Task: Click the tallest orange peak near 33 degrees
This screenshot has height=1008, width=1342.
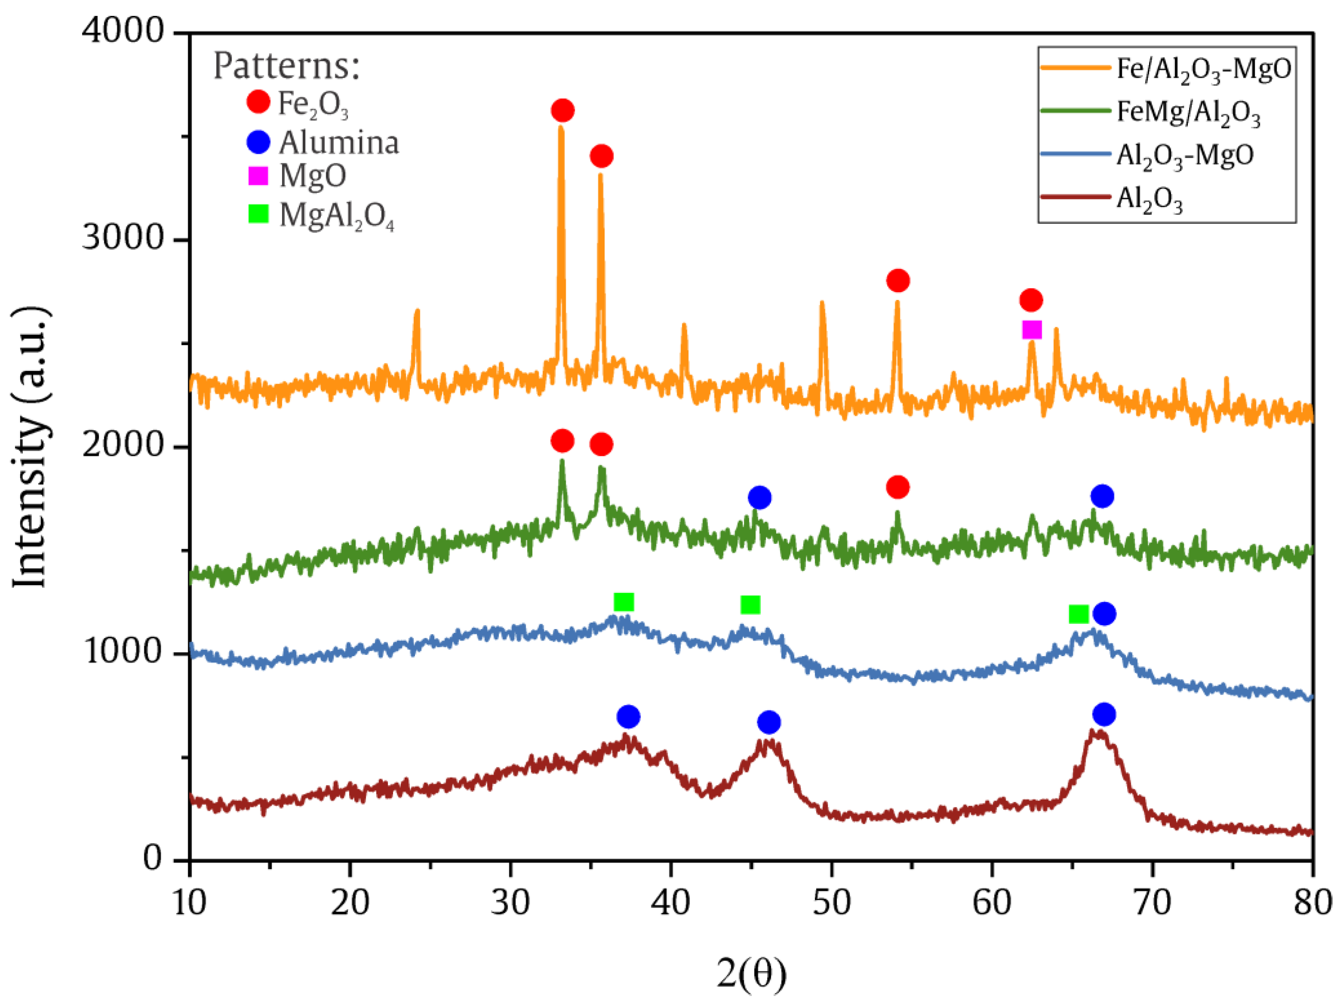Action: [561, 128]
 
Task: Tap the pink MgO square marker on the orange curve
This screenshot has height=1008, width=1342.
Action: [1032, 330]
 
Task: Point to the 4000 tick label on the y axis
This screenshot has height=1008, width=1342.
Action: [123, 31]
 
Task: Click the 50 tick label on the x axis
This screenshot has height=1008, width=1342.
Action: [831, 902]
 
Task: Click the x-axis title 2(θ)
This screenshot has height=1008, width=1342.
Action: [751, 972]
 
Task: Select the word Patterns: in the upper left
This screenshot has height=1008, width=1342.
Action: [287, 66]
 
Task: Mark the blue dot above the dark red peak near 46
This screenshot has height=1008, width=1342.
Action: [769, 722]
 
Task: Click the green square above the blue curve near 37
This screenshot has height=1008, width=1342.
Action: [624, 602]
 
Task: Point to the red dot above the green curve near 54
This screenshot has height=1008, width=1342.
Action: [897, 487]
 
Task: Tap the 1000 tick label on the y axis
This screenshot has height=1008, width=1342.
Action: [123, 652]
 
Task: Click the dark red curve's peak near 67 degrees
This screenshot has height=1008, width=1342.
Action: [1098, 732]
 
